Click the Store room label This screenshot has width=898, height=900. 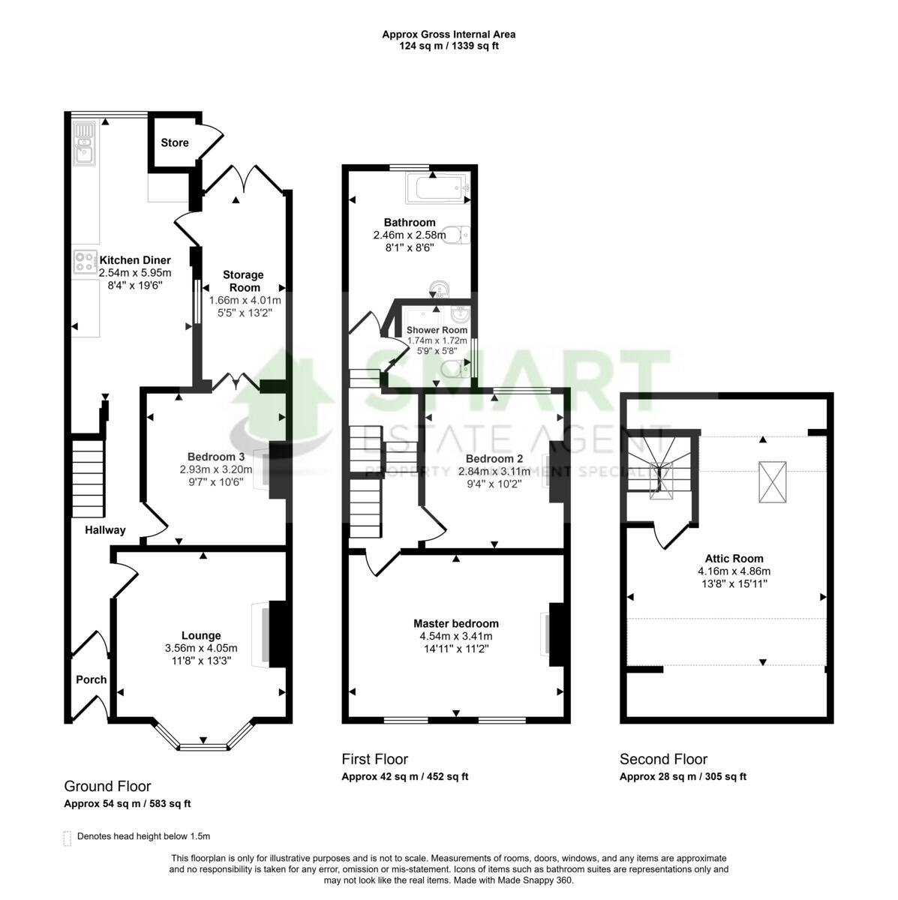pos(174,142)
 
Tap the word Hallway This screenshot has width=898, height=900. pos(105,530)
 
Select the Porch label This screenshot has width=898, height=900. pos(91,679)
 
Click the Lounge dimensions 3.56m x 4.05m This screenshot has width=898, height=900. pos(201,649)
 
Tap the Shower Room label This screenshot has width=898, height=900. pos(437,330)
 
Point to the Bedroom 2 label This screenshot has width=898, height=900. pos(494,458)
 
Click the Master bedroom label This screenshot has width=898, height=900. pos(456,623)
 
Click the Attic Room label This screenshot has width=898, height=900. pos(734,558)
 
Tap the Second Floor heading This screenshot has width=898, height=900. pos(663,759)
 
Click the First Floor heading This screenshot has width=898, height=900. pos(374,759)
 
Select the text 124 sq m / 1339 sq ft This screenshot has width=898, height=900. pos(449,46)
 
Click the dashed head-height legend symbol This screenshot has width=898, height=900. pos(68,837)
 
